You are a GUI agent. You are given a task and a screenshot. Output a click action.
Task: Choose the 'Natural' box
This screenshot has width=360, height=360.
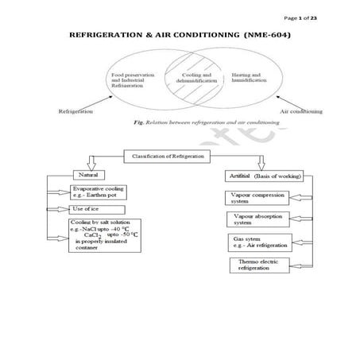tap(93, 174)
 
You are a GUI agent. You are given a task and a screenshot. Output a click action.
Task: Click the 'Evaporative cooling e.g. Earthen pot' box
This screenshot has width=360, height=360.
tap(102, 192)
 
